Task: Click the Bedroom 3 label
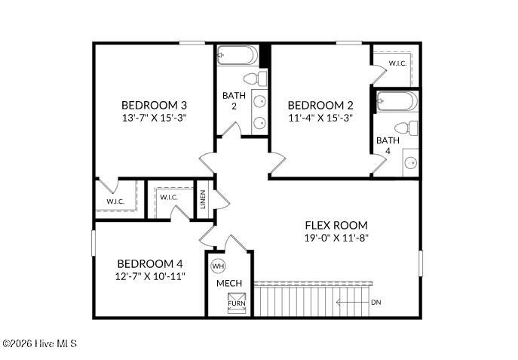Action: click(155, 105)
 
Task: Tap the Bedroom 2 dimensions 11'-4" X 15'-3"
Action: click(320, 118)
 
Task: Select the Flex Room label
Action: click(336, 226)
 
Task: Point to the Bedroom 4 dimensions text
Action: click(150, 276)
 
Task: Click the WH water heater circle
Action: click(218, 266)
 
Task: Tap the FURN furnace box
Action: click(237, 303)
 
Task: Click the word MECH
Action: click(229, 283)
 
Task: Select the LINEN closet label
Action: click(203, 199)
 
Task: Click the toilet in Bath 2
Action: click(256, 78)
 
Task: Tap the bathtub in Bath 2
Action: click(238, 55)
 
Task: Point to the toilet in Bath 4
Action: click(406, 128)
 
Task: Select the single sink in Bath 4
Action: click(411, 163)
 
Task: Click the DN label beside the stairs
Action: click(376, 302)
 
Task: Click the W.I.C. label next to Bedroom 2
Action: click(397, 63)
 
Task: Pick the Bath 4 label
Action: click(388, 146)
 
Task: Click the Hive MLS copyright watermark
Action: click(39, 344)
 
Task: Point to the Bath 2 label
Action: click(234, 101)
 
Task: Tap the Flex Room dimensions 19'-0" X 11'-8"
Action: click(336, 238)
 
